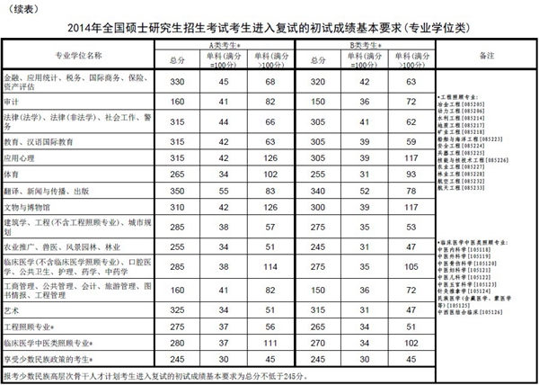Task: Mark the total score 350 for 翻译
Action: tap(177, 190)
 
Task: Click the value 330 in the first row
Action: tap(177, 82)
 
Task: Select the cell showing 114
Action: tap(268, 267)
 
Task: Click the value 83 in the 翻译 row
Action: tap(268, 190)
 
